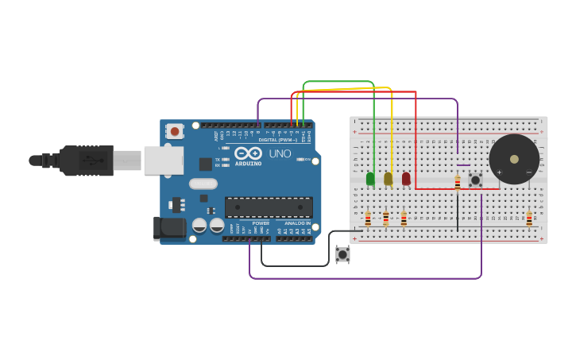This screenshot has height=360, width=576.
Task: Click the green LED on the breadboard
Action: pos(370,179)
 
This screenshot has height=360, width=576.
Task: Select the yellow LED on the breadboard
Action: pos(388,179)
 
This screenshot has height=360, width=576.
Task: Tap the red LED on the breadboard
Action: pos(406,179)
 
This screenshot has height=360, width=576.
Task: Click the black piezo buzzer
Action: pos(513,159)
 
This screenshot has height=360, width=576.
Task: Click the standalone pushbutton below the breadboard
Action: pos(342,254)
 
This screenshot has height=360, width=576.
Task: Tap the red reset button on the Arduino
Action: pos(175,130)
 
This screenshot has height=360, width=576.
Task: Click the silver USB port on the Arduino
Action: pos(163,160)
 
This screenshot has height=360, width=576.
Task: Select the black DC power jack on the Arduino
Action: pos(169,228)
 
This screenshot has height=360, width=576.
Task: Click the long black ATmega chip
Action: pos(269,207)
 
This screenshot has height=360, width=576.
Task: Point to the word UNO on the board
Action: pos(280,153)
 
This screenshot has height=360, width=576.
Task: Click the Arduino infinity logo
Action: pos(248,153)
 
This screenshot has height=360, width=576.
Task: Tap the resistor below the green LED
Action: pos(368,218)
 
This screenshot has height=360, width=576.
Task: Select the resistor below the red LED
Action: pos(404,218)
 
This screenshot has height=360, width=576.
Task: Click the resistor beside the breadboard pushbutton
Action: pos(458,183)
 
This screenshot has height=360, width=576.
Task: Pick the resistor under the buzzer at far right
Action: pos(529,218)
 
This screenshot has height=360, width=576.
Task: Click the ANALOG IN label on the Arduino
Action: pos(297,223)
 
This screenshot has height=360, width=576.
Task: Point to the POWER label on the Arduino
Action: pos(261,223)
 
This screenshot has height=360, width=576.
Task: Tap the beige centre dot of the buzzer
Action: pos(514,159)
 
